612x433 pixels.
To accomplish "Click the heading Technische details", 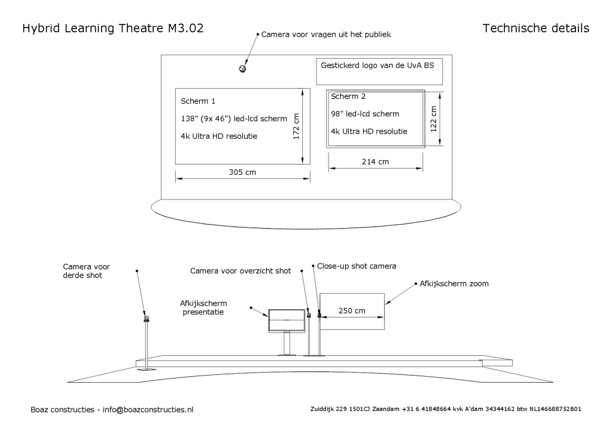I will click(535, 29).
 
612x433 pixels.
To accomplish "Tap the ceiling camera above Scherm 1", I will click(243, 69).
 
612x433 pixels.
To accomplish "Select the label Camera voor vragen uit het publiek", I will click(326, 35).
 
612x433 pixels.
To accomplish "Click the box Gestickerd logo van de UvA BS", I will click(379, 72).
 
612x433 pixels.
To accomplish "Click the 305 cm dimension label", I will click(242, 172).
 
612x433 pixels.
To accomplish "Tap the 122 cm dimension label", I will click(434, 118).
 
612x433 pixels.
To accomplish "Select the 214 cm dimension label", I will click(375, 162).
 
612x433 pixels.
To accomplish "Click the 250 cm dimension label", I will click(351, 311).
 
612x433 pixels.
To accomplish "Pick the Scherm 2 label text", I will click(348, 96).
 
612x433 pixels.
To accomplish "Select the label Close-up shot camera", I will click(357, 265).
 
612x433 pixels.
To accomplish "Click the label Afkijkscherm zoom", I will click(454, 284).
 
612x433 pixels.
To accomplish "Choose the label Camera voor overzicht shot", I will click(240, 271).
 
